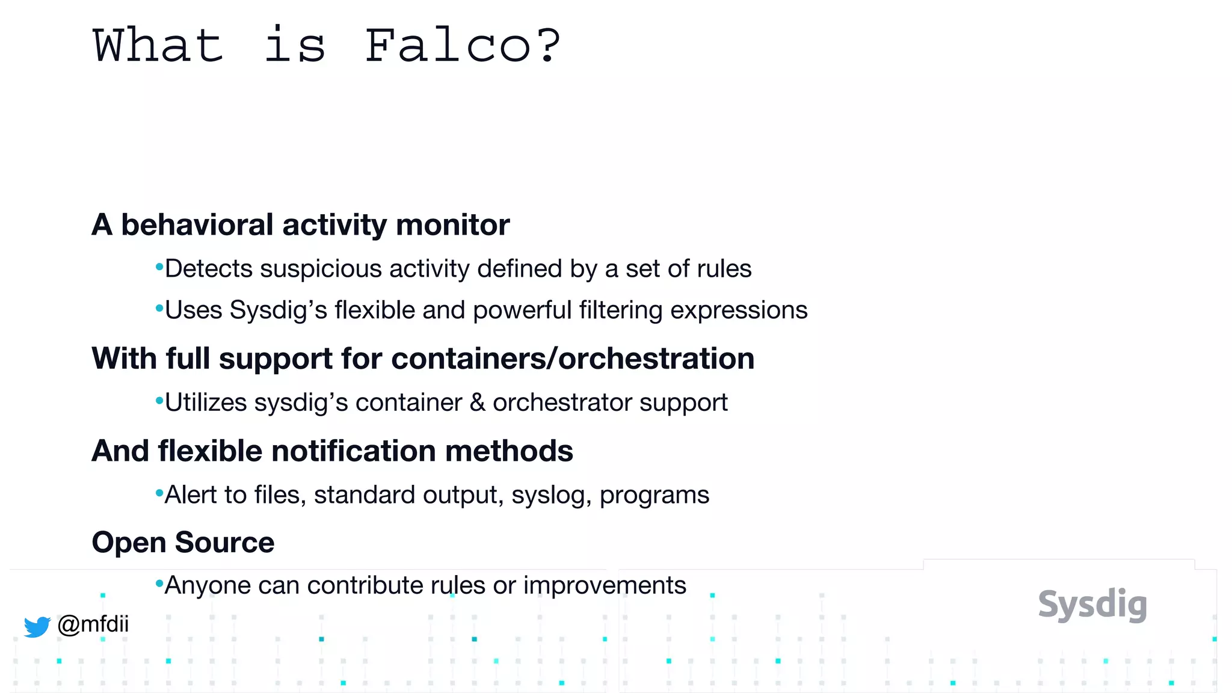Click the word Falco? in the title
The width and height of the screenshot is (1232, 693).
462,46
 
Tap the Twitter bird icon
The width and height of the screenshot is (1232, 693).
37,626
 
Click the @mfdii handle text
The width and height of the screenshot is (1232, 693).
93,624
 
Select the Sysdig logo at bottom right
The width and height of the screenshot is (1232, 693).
1092,605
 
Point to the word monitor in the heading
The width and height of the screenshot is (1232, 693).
452,225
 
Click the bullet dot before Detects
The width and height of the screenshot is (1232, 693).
159,266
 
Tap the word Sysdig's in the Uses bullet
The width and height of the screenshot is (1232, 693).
278,310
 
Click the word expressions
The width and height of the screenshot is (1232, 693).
739,310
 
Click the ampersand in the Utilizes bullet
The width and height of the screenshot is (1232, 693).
477,402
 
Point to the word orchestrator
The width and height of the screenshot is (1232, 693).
562,402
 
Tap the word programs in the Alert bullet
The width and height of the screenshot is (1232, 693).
654,496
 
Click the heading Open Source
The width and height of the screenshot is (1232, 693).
183,543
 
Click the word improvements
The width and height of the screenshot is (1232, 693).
604,585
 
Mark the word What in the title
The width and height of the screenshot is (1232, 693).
158,46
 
